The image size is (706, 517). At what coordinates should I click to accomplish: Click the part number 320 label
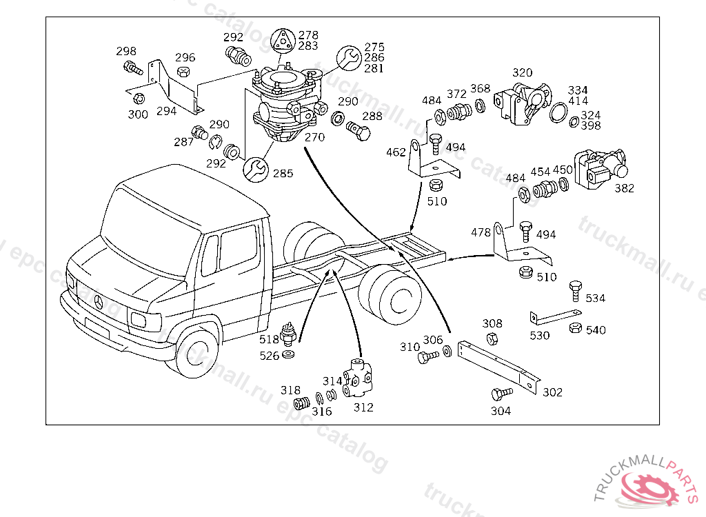[523, 73]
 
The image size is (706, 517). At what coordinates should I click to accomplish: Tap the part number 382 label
[624, 188]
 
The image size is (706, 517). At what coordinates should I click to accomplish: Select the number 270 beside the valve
[314, 138]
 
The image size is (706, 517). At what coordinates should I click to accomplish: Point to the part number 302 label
[552, 392]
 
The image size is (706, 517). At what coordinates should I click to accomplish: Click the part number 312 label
[363, 407]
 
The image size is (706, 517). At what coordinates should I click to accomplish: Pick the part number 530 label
[540, 336]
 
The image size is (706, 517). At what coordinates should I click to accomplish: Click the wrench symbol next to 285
[255, 168]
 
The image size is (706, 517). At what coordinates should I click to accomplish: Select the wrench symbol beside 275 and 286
[349, 58]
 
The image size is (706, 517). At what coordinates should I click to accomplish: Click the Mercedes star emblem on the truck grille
[98, 301]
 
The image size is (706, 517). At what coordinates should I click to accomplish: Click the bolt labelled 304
[501, 394]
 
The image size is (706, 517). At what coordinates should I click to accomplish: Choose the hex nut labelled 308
[492, 338]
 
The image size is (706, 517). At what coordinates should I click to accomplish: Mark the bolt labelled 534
[575, 290]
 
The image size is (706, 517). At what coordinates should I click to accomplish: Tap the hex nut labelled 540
[575, 327]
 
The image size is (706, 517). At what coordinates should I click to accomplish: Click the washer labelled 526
[290, 355]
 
